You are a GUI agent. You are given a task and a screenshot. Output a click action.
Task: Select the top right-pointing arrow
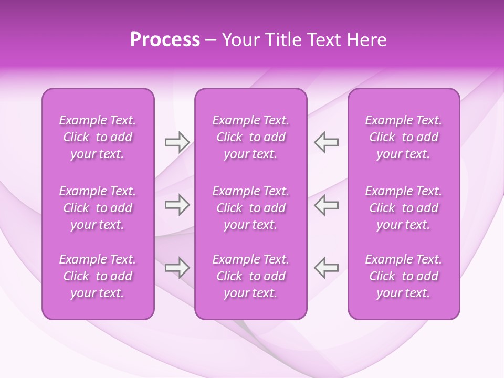point(177,142)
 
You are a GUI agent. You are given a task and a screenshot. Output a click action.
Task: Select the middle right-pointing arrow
point(177,205)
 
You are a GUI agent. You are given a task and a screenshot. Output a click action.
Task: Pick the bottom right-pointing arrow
point(177,268)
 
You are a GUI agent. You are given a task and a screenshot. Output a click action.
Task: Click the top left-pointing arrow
point(326,142)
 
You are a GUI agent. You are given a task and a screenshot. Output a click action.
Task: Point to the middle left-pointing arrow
point(326,205)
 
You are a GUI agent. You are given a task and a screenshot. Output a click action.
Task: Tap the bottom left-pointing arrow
point(326,268)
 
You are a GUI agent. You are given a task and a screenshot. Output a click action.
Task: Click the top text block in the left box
point(98,137)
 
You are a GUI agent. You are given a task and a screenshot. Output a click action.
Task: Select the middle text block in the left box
point(98,208)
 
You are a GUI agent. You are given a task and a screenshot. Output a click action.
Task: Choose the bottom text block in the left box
point(98,276)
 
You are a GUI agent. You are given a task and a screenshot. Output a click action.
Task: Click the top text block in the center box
point(250,137)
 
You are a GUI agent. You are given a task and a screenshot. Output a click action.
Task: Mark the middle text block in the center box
point(250,208)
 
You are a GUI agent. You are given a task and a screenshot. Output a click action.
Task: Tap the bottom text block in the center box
point(250,276)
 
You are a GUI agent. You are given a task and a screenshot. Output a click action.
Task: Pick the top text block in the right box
point(404,137)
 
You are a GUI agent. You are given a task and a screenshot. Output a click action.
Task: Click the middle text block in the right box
point(404,208)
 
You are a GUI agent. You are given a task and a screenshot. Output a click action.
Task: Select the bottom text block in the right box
point(404,276)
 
